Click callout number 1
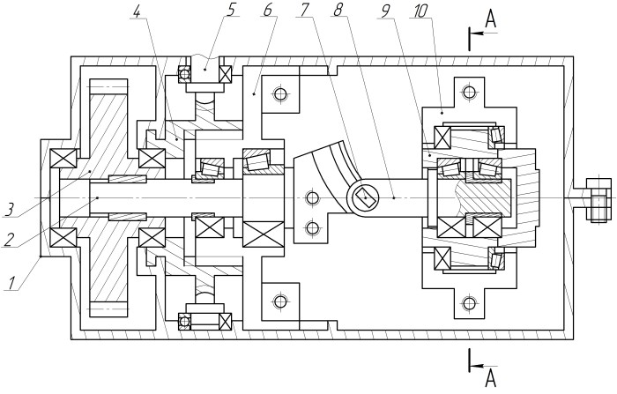coord(11,283)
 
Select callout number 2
coord(9,239)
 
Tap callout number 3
coord(10,210)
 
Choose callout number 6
coord(268,10)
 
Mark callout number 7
coord(303,11)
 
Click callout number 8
coord(338,11)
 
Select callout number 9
coord(383,11)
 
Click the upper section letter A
coord(490,19)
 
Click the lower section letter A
coord(490,378)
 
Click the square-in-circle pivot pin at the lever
coord(365,197)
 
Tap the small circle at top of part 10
coord(468,92)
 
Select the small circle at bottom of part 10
coord(468,303)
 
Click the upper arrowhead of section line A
coord(477,33)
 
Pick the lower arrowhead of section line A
coord(477,366)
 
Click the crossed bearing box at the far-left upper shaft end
coord(63,159)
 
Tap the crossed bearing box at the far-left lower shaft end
coord(63,238)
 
